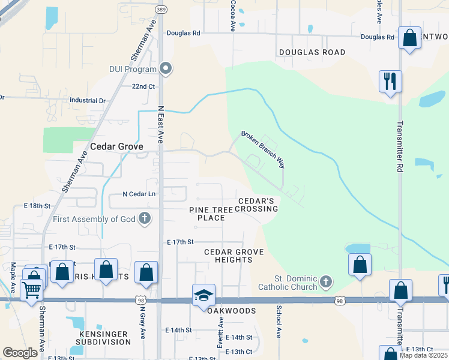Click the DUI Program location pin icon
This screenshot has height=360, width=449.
tap(166, 68)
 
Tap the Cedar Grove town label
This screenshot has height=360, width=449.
tap(116, 146)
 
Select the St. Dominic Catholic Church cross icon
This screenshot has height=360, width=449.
tap(325, 281)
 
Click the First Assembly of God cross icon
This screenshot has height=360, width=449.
tap(144, 218)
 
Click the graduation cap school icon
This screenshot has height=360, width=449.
tap(203, 295)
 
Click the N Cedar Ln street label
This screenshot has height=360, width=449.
tap(139, 194)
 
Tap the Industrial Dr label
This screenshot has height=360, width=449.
tap(88, 101)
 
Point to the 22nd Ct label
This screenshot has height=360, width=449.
tap(143, 86)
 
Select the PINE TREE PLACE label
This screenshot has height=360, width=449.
tap(206, 214)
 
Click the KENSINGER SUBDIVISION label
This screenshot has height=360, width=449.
tap(103, 337)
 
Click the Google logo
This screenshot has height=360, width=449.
tap(20, 353)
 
